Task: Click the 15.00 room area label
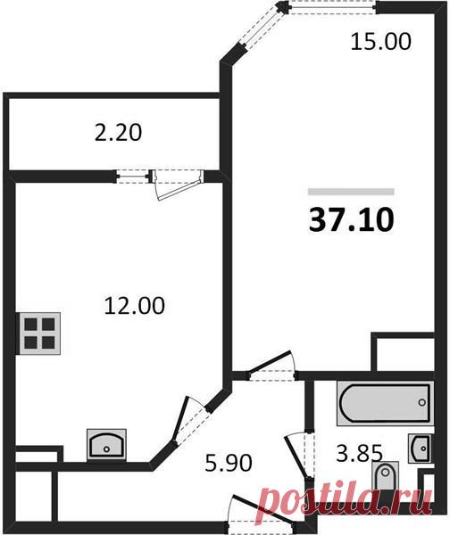coord(380,42)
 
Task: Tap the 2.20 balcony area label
coord(118,132)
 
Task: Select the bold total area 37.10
coord(351,220)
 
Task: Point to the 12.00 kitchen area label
coord(134,305)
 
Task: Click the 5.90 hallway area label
coord(229,463)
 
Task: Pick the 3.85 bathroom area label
coord(359,454)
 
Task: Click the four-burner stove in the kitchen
coord(39,333)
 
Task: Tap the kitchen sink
coord(106,445)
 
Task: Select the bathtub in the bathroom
coord(386,403)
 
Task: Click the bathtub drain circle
coord(422,403)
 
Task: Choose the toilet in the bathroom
coord(385,475)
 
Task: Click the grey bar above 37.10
coord(351,192)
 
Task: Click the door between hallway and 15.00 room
coord(272,366)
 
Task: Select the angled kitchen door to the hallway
coord(189,422)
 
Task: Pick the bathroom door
coord(298,456)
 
